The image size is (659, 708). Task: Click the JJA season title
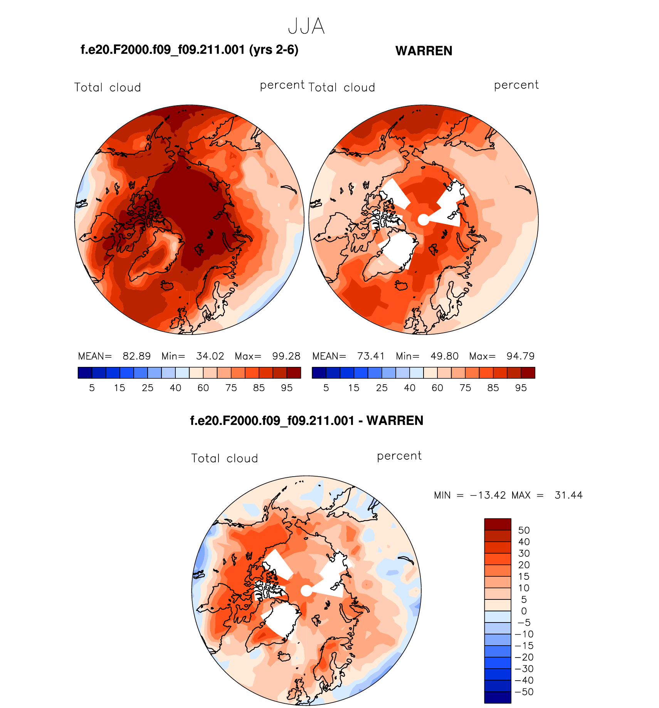(x=306, y=27)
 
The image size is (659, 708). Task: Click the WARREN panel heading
(x=424, y=51)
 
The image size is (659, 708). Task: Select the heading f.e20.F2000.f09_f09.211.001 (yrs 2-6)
(x=189, y=50)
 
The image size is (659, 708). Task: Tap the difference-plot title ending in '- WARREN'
(x=306, y=420)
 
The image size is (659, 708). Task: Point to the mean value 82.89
(x=136, y=356)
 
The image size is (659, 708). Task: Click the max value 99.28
(x=286, y=356)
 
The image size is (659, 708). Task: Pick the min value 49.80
(x=444, y=356)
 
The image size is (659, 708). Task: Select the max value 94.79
(x=520, y=356)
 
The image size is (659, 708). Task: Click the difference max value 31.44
(x=568, y=495)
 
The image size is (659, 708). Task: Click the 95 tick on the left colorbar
(x=287, y=388)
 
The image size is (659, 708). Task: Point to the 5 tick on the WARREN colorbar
(x=326, y=388)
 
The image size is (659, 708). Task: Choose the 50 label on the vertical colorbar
(x=524, y=530)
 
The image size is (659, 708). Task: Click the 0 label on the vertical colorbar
(x=524, y=611)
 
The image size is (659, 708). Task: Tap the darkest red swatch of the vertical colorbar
(x=498, y=524)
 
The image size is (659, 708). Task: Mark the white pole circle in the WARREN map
(x=423, y=220)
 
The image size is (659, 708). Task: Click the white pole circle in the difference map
(x=306, y=591)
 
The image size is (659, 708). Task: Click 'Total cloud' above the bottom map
(x=224, y=458)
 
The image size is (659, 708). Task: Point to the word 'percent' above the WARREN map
(x=516, y=85)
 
